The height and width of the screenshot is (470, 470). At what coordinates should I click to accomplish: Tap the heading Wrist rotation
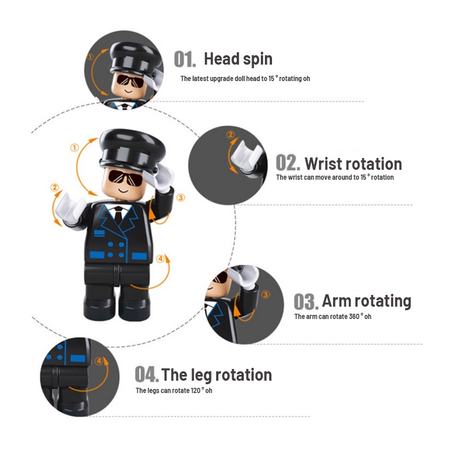click(353, 163)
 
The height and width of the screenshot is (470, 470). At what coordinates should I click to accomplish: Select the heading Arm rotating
click(366, 301)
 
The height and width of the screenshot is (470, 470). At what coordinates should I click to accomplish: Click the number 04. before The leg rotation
click(146, 374)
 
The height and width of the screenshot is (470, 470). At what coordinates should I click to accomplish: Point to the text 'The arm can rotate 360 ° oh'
click(333, 317)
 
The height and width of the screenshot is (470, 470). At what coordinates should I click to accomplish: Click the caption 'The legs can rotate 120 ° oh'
click(174, 391)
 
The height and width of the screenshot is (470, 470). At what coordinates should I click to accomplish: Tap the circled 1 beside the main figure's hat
click(74, 148)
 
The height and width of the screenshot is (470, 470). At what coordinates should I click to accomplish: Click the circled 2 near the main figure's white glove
click(55, 188)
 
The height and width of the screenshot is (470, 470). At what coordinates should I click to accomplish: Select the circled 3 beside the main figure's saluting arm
click(180, 198)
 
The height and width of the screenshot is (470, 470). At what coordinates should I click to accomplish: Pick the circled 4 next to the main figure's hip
click(161, 258)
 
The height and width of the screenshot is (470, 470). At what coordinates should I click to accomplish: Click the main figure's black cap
click(129, 147)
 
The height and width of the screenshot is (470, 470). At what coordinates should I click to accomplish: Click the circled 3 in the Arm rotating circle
click(265, 294)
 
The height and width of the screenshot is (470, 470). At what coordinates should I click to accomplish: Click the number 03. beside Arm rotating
click(306, 301)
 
